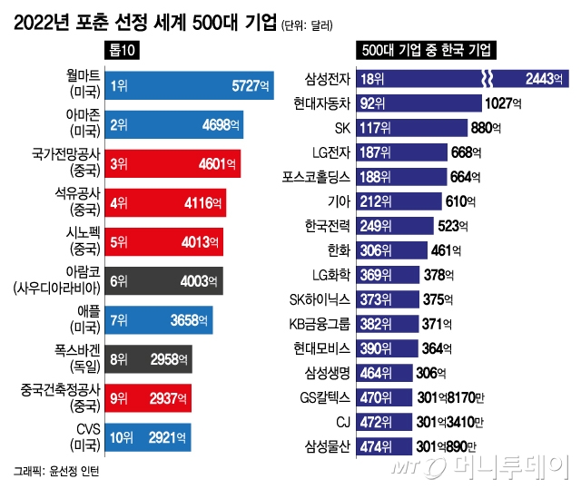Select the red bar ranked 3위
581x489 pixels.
click(x=172, y=164)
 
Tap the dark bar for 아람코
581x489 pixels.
click(x=164, y=281)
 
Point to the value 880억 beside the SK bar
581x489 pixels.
click(x=488, y=128)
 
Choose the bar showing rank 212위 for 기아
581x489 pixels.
click(x=399, y=201)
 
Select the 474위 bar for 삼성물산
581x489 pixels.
click(x=386, y=446)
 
